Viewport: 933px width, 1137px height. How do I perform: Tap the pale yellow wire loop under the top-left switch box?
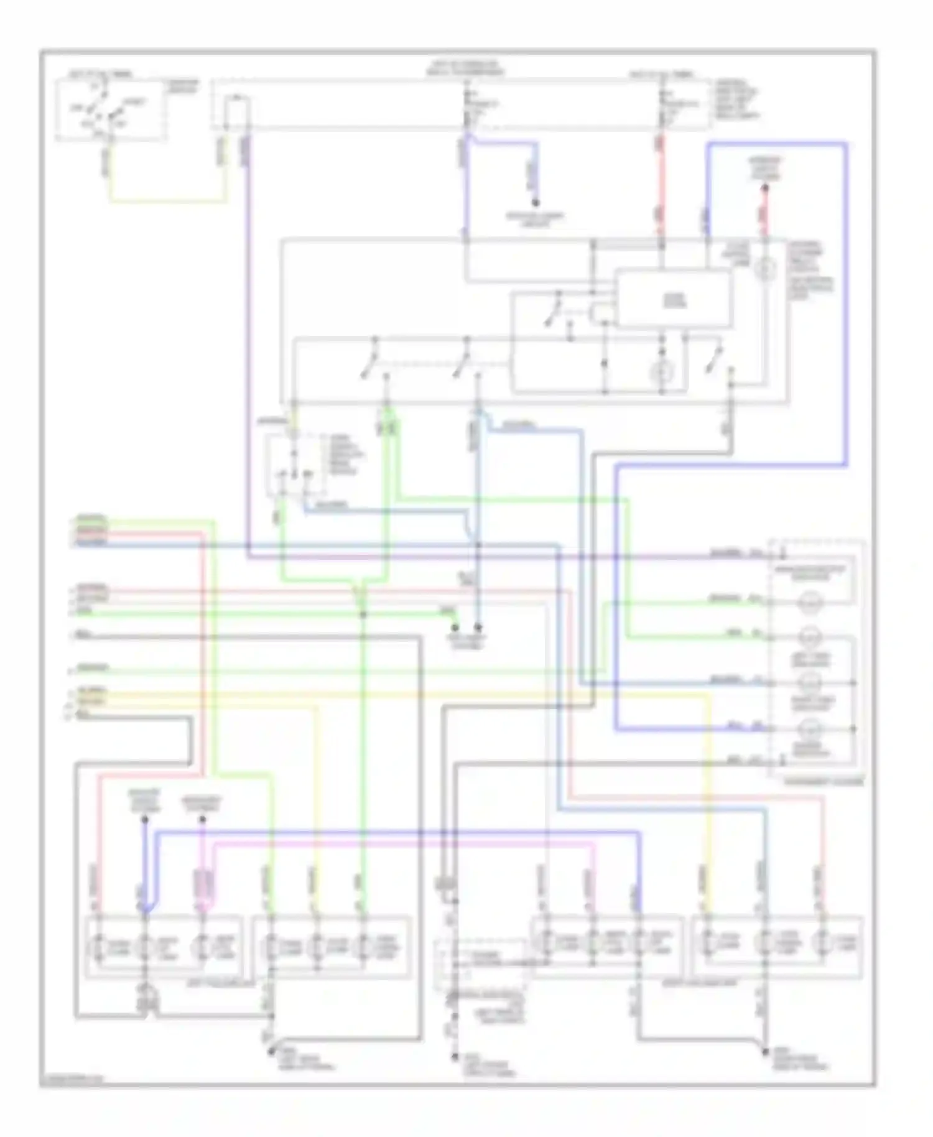[x=168, y=200]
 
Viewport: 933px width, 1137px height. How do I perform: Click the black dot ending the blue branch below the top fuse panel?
[x=535, y=203]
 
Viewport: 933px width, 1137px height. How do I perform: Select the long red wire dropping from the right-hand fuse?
[x=661, y=187]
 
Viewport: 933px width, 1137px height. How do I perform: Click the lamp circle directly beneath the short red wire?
[x=765, y=269]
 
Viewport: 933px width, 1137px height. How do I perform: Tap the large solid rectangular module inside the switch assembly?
[x=674, y=299]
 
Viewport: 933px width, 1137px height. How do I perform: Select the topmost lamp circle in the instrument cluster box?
[x=811, y=601]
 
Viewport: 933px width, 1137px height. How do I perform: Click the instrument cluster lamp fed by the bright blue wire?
[x=811, y=728]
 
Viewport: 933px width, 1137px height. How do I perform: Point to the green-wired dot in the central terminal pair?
[x=455, y=628]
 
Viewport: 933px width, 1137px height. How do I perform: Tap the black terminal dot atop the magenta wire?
[x=202, y=820]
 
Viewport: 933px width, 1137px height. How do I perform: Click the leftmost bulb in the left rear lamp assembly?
[x=100, y=947]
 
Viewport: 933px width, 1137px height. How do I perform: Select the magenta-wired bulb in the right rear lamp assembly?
[x=593, y=944]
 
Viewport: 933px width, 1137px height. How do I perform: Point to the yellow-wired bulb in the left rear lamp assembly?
[x=317, y=947]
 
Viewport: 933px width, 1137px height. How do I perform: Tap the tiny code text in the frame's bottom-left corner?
[x=70, y=1080]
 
